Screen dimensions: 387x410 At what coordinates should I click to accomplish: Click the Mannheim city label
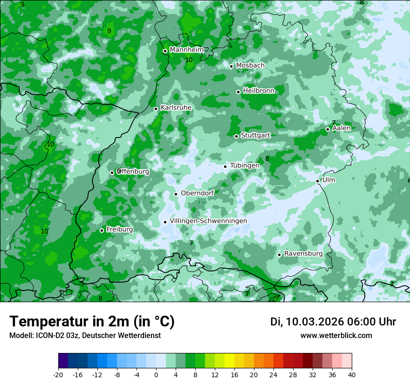click(186, 50)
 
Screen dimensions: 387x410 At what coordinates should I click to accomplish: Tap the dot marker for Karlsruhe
click(156, 109)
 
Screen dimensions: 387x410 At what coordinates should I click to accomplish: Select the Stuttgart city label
click(255, 135)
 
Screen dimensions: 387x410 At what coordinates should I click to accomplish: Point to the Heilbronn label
click(259, 91)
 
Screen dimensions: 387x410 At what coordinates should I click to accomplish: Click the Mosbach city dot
click(231, 66)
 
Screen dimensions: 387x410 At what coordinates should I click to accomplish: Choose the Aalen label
click(342, 128)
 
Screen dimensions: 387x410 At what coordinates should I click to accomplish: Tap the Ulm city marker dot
click(318, 181)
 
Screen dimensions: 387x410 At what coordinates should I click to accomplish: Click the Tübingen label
click(245, 166)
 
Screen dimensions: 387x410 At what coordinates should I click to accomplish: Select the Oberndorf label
click(198, 193)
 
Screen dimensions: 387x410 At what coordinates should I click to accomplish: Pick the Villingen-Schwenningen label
click(208, 221)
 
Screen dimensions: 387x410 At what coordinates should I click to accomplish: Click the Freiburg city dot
click(102, 230)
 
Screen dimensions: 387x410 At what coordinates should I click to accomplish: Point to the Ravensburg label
click(303, 254)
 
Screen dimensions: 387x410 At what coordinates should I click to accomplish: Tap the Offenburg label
click(133, 172)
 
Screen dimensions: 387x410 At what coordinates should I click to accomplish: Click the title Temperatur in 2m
click(92, 321)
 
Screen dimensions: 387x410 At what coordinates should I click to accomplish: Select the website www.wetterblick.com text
click(336, 335)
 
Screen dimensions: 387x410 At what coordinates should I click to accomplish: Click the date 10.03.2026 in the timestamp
click(315, 322)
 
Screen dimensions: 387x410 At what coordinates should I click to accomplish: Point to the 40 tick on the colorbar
click(352, 374)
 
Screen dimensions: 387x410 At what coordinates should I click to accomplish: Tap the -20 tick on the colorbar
click(58, 374)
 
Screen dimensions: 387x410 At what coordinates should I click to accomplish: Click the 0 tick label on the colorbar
click(156, 374)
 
